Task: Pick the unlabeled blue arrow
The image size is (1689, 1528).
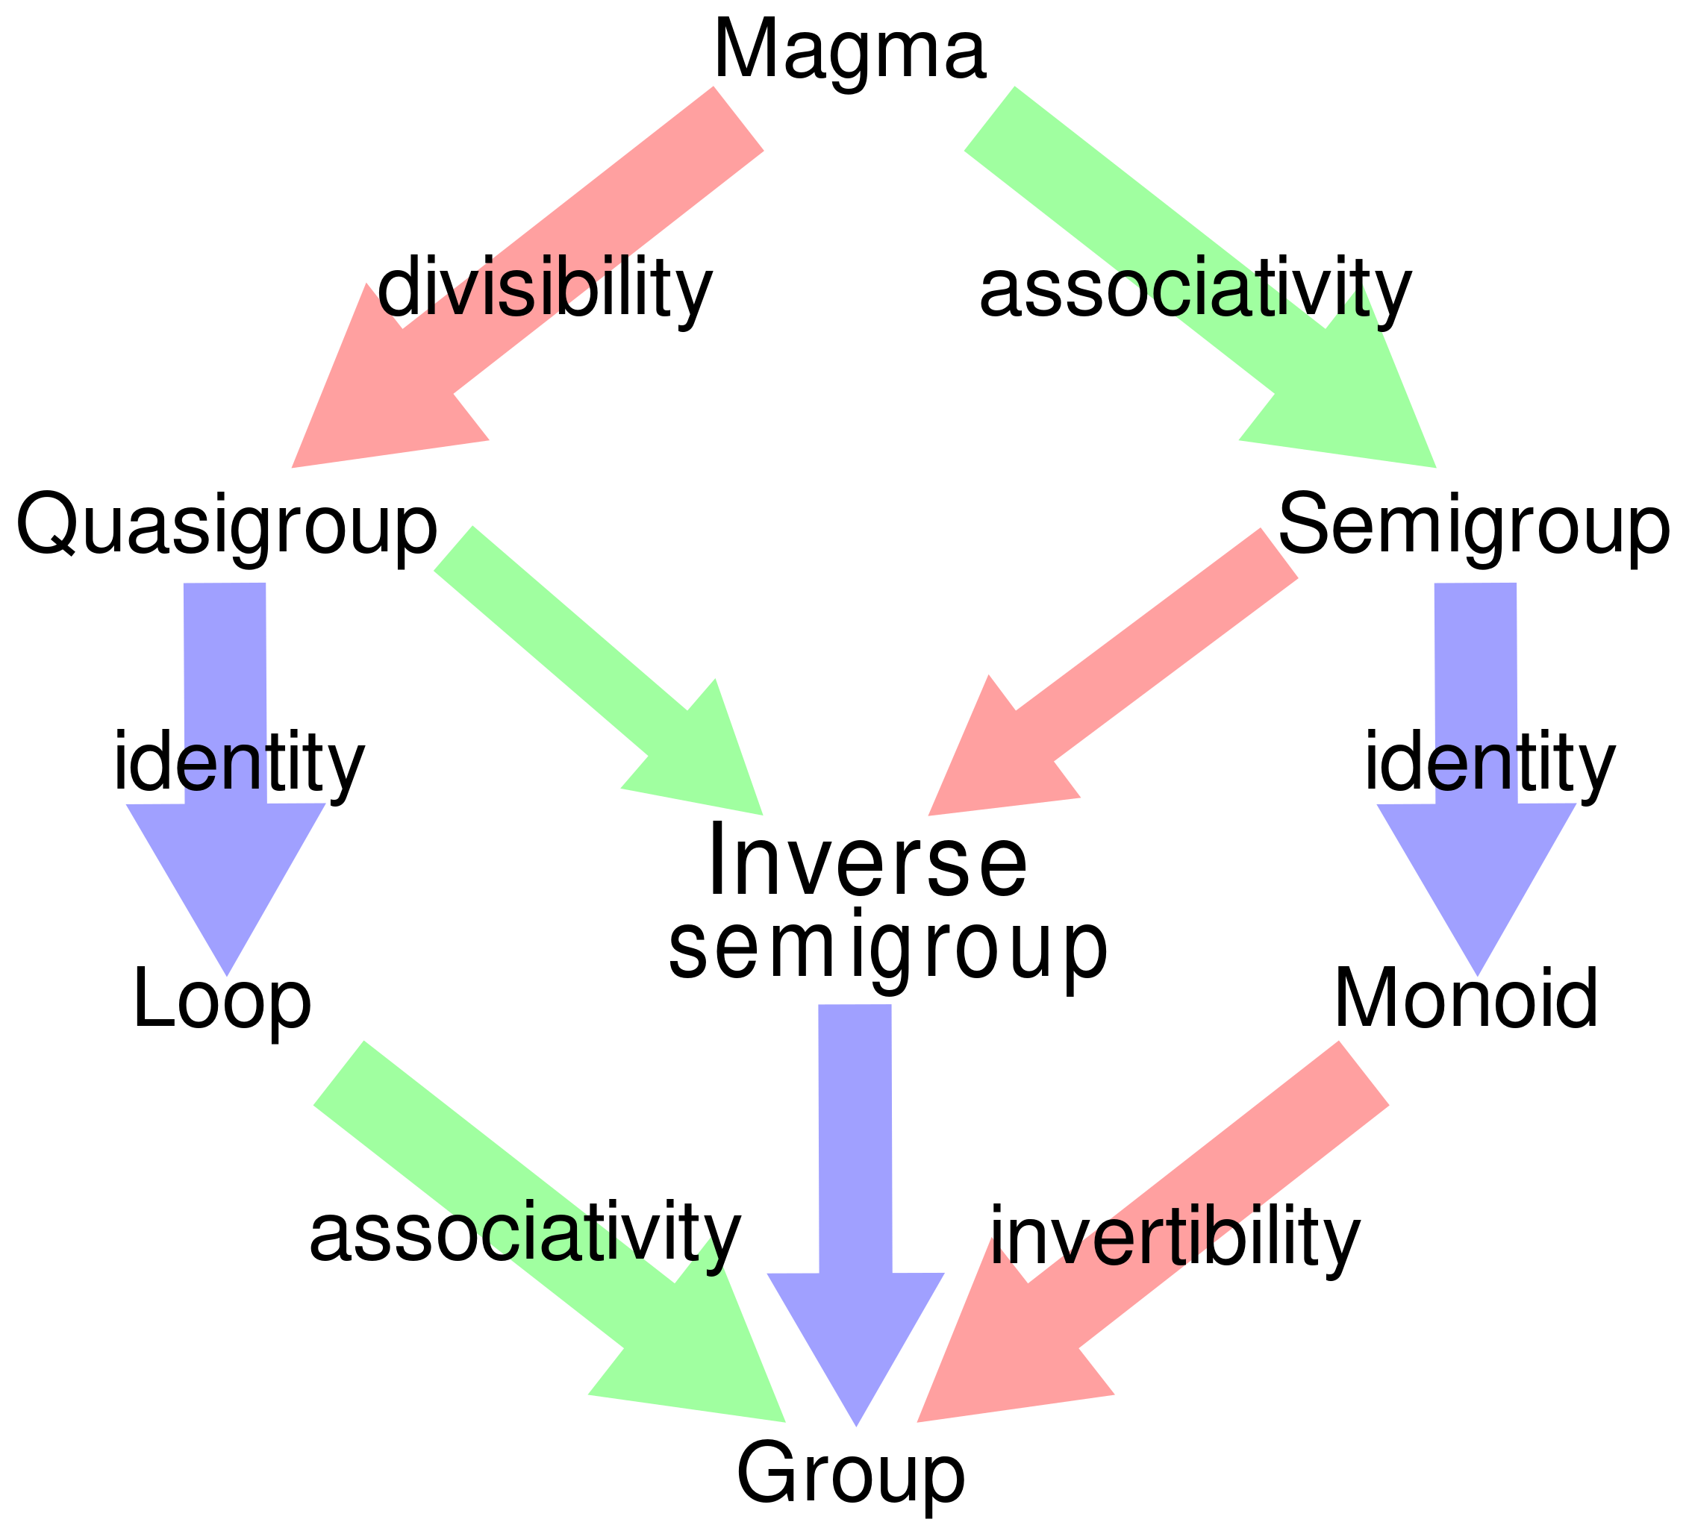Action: coord(855,1173)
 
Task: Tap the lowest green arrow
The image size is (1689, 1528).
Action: coord(503,1189)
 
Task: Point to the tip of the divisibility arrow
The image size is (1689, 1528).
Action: coord(293,466)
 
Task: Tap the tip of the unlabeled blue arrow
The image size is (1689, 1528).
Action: coord(856,1424)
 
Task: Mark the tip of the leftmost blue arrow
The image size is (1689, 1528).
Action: coord(227,974)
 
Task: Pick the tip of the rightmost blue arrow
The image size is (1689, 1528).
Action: coord(1478,974)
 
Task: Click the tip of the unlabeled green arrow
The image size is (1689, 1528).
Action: coord(761,813)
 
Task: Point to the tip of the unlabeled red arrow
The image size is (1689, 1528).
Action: coord(929,813)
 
